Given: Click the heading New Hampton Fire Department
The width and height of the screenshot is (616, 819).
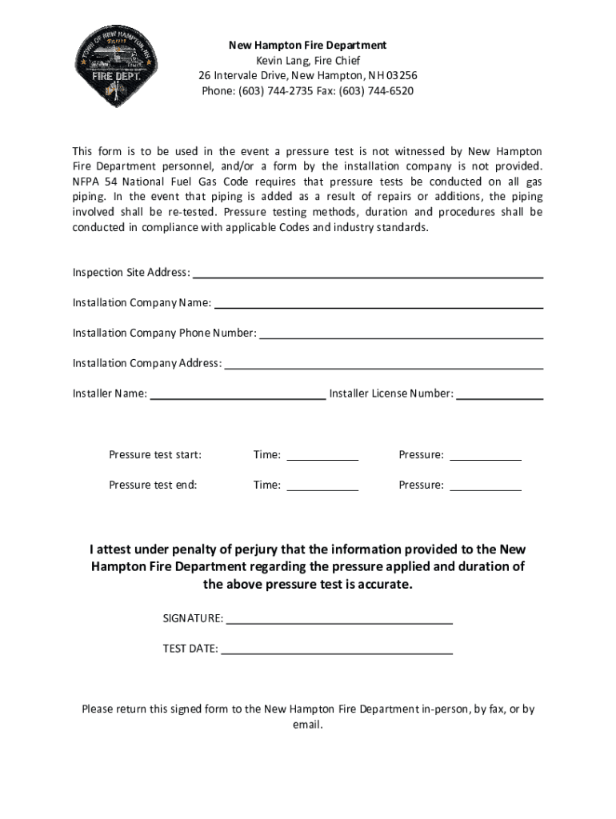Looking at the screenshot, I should click(307, 46).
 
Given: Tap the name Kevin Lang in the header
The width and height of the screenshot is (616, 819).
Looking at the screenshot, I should click(280, 61).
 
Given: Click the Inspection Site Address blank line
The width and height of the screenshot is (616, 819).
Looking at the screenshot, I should click(368, 274).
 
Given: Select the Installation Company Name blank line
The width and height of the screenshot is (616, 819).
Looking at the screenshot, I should click(378, 304).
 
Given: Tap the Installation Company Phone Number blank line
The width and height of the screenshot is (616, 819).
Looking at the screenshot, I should click(402, 334).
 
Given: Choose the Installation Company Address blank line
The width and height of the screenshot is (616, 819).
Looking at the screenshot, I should click(384, 365).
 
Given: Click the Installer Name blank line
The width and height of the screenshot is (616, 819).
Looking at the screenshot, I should click(238, 395).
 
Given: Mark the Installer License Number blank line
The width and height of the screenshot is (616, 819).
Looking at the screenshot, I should click(500, 395).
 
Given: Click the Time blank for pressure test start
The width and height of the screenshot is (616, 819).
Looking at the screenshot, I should click(322, 457).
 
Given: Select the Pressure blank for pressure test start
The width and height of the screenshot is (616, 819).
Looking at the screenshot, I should click(486, 457).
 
